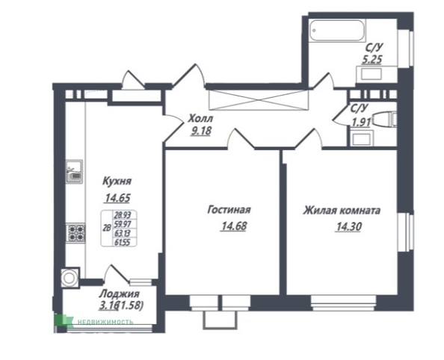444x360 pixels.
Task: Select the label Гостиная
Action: tap(228, 211)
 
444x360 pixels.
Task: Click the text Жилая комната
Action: tap(342, 211)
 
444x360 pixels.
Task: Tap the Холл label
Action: tap(200, 118)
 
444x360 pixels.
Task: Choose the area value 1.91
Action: tap(361, 122)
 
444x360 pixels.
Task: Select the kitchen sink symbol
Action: tap(74, 173)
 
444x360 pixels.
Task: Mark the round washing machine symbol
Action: tap(70, 278)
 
